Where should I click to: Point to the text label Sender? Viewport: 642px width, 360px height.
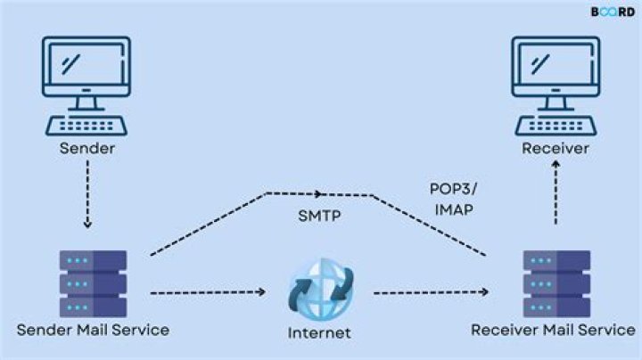87,148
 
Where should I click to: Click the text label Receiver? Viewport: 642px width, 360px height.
555,148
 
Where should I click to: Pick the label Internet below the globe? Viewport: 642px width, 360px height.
319,333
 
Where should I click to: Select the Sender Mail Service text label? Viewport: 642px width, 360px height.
93,329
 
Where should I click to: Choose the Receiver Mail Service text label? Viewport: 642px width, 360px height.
555,330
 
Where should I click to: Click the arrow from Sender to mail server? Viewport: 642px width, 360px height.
87,200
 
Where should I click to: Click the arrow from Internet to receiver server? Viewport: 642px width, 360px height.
432,291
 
